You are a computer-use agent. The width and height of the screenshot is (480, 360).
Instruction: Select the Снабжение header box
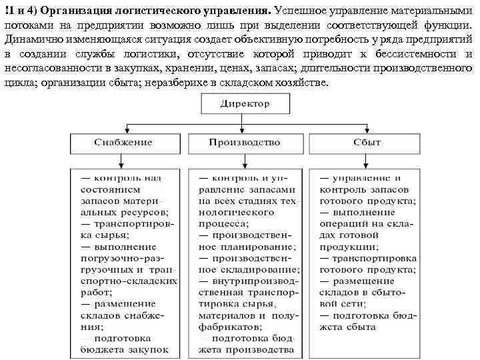pos(123,143)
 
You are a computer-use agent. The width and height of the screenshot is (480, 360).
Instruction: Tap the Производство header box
pos(245,143)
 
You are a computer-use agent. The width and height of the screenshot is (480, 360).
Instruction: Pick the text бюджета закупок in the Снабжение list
pos(125,349)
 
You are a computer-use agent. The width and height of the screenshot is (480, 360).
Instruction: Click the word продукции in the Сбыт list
pos(346,246)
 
